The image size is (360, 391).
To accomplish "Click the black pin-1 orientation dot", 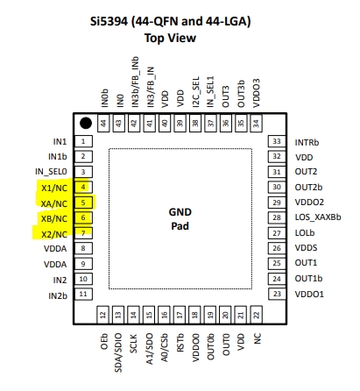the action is [x=86, y=123].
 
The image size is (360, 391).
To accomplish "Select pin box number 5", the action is [x=83, y=203].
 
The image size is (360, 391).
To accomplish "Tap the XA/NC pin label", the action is [x=54, y=203].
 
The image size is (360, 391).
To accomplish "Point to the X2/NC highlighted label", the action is [x=54, y=234].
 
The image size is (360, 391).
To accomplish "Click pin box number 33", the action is [x=277, y=141].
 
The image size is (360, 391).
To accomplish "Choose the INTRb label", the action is [x=307, y=143].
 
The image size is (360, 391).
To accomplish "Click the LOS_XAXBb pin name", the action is [x=318, y=217].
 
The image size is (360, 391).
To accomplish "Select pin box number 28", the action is [x=277, y=217].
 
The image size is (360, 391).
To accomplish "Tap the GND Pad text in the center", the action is [x=180, y=219].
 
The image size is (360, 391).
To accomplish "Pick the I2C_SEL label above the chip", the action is [x=196, y=92].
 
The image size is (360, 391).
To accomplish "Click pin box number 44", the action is [x=103, y=124].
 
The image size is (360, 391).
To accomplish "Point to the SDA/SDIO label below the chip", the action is [x=118, y=352].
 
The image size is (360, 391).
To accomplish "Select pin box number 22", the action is [x=256, y=315].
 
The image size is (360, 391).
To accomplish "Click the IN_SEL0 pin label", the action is [x=51, y=172].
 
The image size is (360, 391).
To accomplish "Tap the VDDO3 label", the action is [x=256, y=93].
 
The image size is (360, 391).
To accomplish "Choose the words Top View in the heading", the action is [x=170, y=38].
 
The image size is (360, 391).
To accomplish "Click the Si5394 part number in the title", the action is [x=109, y=21].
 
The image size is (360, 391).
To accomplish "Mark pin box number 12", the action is [x=102, y=315].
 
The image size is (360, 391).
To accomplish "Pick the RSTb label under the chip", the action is [x=180, y=342].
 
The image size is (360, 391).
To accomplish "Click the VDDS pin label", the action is [x=306, y=248].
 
